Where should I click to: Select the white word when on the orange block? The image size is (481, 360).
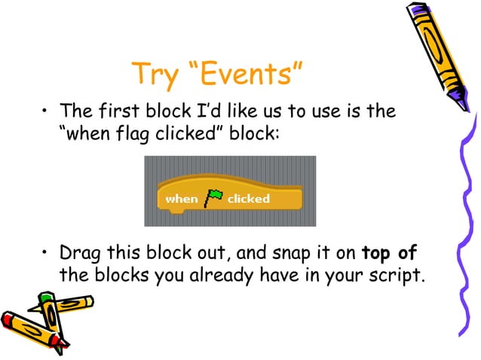181,199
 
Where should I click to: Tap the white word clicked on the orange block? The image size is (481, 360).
248,199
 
